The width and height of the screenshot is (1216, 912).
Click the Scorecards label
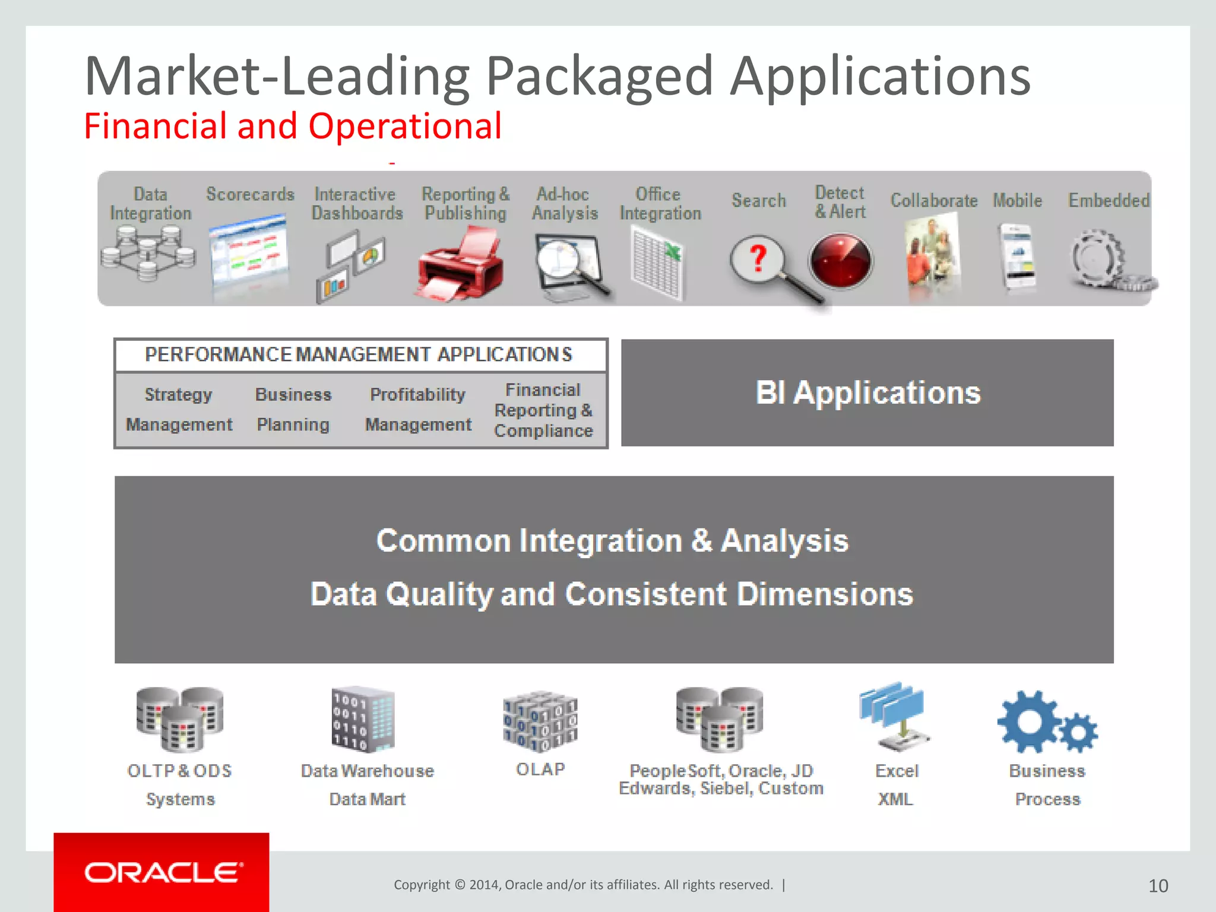coord(250,194)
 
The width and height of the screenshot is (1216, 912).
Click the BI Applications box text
coord(867,393)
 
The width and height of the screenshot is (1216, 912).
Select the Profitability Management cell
coord(418,410)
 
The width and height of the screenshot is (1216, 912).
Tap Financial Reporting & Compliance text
coord(543,410)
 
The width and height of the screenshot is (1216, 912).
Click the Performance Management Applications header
coord(359,354)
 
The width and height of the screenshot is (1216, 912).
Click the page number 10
coord(1158,886)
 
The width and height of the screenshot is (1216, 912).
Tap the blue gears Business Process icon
coord(1046,723)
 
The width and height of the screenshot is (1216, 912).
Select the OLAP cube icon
coord(540,722)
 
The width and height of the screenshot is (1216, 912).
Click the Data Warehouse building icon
coord(363,719)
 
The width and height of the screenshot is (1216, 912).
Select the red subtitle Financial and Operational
coord(293,126)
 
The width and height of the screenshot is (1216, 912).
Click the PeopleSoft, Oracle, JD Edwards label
coord(721,780)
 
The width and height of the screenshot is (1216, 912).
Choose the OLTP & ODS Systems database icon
coord(179,719)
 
